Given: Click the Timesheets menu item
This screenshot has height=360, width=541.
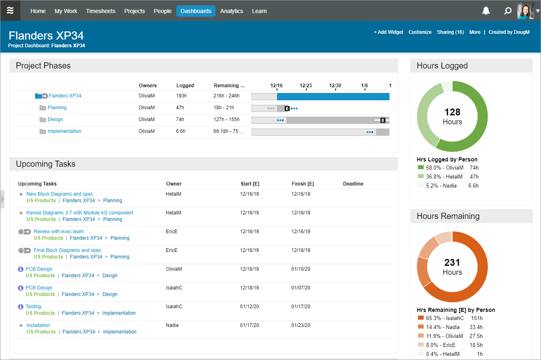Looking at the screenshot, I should click(100, 11).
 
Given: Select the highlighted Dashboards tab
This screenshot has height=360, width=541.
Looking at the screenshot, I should click(196, 11).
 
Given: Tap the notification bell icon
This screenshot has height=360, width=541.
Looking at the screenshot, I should click(486, 11).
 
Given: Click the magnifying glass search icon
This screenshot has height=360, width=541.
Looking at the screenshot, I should click(508, 11).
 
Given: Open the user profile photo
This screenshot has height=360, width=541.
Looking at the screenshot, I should click(525, 11).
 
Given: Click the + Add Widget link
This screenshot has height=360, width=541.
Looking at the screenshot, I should click(388, 32).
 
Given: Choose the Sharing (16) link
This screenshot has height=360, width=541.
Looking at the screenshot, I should click(450, 32).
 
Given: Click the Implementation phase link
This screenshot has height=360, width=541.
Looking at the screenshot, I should click(64, 131).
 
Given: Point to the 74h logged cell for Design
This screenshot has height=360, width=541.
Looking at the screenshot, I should click(180, 119).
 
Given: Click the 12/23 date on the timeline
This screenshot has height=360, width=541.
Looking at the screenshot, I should click(306, 86).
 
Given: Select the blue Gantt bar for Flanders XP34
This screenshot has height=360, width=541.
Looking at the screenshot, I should click(333, 97).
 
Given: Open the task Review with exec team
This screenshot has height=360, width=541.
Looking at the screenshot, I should click(59, 232).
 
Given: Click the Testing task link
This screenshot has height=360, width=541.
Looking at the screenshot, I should click(33, 307).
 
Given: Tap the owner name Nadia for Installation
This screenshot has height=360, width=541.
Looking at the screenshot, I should click(172, 325).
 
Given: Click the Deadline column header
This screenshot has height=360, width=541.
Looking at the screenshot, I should click(353, 184).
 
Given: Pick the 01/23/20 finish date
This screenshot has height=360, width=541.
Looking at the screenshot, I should click(301, 325).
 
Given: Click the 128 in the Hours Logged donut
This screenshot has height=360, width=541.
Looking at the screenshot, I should click(452, 112).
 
